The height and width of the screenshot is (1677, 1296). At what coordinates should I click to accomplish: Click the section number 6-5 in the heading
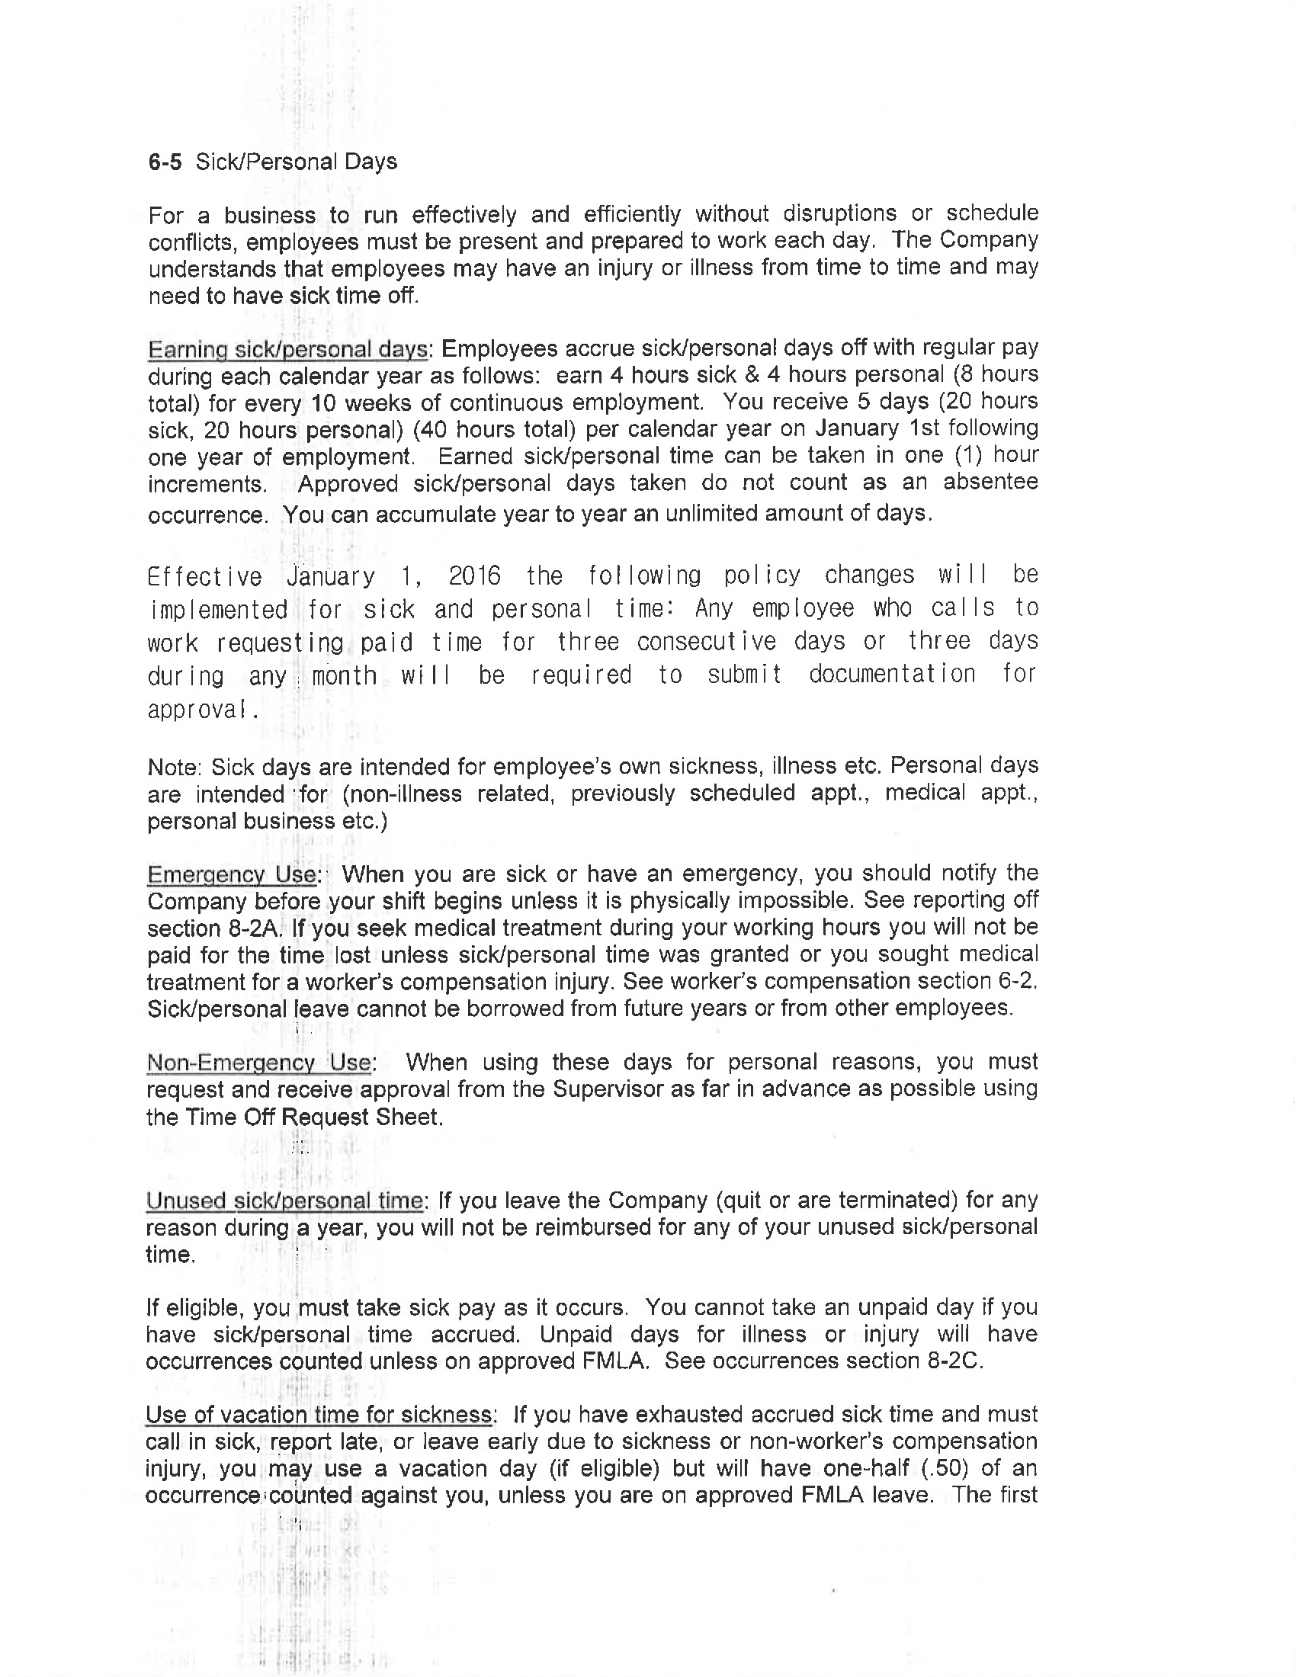click(x=165, y=162)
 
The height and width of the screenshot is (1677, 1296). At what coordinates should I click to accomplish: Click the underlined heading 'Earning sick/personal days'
click(x=287, y=349)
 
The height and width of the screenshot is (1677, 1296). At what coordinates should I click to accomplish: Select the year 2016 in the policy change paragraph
click(x=474, y=576)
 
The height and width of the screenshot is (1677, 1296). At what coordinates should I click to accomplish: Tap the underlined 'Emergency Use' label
click(x=231, y=874)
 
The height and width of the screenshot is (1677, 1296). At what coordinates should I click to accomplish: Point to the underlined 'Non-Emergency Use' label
click(x=258, y=1063)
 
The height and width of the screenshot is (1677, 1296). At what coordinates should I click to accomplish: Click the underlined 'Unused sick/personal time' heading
click(x=284, y=1200)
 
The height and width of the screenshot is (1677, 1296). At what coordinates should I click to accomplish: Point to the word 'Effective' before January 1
click(x=204, y=577)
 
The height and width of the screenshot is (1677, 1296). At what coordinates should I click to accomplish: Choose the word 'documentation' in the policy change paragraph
click(x=892, y=674)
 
